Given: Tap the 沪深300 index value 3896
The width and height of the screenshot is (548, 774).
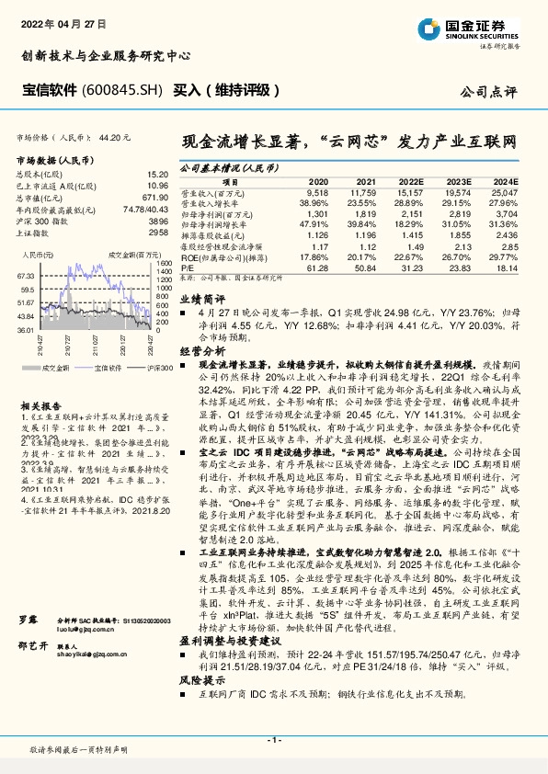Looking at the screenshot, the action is tap(158, 222).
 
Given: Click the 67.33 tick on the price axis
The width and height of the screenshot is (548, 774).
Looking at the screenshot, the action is tap(25, 275).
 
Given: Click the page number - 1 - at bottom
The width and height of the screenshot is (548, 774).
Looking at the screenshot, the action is tap(273, 740).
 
